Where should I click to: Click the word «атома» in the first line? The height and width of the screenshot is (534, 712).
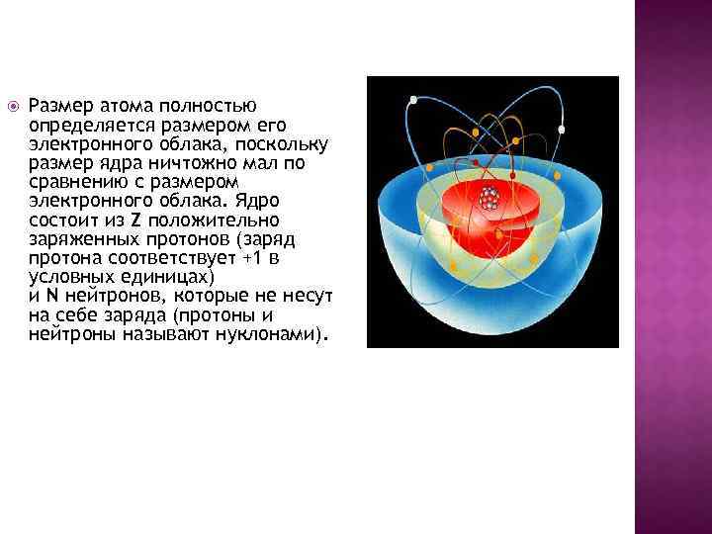[x=124, y=105]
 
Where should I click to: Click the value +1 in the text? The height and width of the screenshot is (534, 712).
[x=241, y=257]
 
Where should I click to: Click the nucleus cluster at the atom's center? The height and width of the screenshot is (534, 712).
[x=488, y=199]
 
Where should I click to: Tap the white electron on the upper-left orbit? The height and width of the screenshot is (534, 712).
[x=413, y=99]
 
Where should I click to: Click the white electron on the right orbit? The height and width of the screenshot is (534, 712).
[x=562, y=129]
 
